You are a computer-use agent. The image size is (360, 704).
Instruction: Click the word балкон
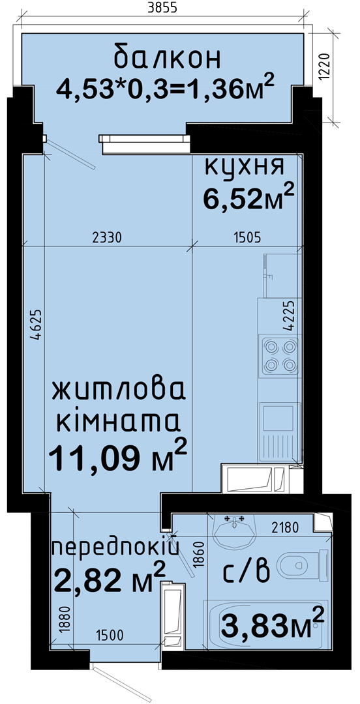click(x=168, y=58)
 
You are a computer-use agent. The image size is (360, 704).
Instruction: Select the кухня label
click(x=245, y=167)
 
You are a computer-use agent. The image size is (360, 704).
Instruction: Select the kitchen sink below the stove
click(x=279, y=431)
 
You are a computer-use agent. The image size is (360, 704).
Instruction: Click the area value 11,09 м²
click(x=118, y=457)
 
